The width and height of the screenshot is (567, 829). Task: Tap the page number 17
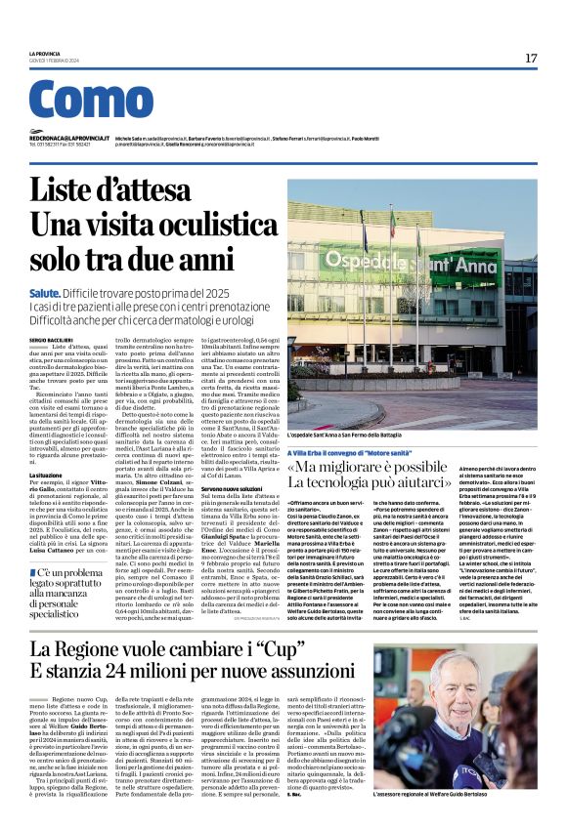[x=531, y=59]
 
